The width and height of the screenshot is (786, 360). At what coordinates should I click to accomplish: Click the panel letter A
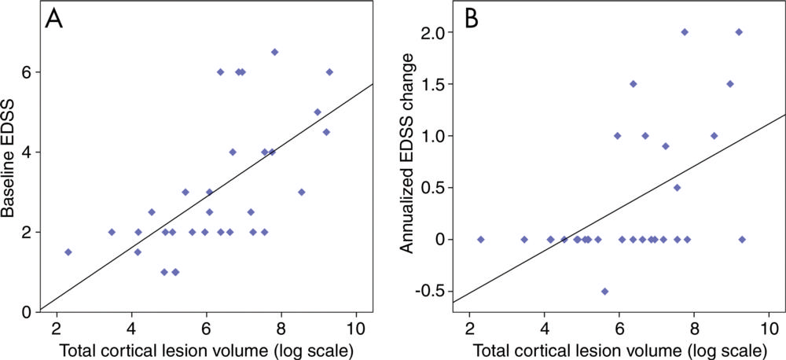click(53, 20)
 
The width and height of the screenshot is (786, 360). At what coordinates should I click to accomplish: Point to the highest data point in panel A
click(274, 52)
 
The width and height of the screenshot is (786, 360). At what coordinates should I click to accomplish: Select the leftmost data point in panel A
click(68, 252)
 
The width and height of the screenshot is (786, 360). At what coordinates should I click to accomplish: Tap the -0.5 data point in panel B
click(604, 291)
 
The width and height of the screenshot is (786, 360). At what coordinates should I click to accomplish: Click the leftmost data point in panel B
click(481, 239)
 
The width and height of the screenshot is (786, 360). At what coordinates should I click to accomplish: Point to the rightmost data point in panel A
click(329, 72)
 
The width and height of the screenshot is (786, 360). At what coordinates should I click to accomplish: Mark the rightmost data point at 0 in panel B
click(742, 239)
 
